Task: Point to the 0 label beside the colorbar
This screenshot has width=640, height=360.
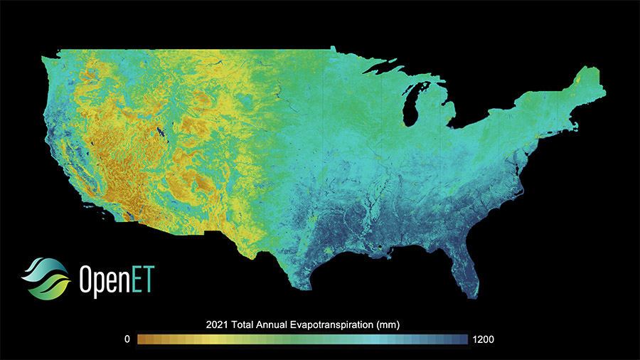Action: (127, 339)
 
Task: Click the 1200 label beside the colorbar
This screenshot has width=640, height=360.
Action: (482, 339)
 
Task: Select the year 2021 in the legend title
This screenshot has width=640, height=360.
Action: (215, 325)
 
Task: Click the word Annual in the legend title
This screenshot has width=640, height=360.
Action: (277, 325)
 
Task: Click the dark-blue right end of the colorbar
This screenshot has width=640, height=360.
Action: (463, 339)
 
